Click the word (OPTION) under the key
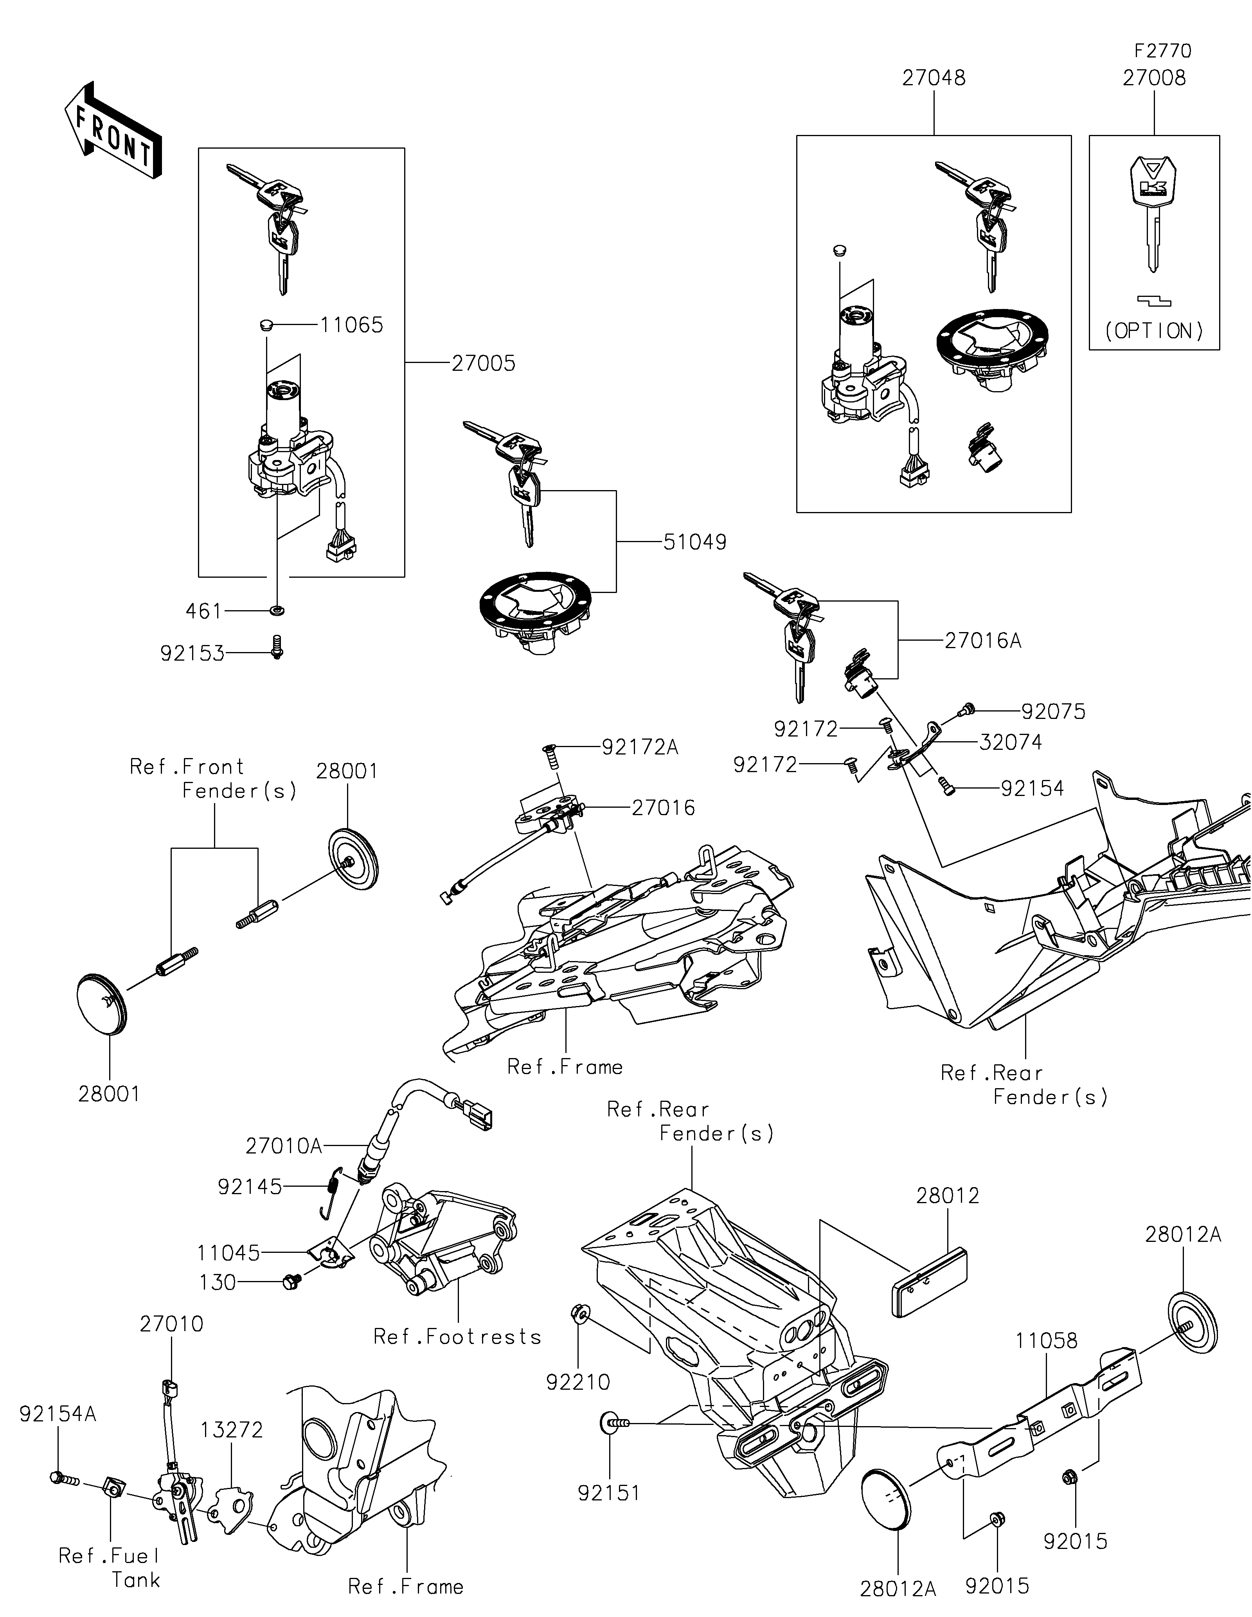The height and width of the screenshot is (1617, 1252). pos(1154,331)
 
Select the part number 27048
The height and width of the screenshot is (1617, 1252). pos(934,79)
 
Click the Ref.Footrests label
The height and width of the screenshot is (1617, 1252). pos(457,1337)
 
